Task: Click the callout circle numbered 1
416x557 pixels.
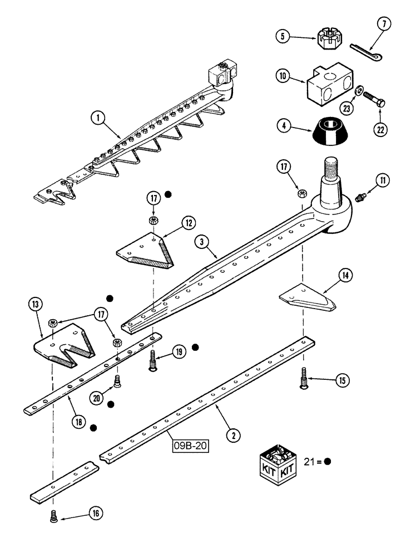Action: pyautogui.click(x=99, y=118)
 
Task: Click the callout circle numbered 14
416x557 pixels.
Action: pyautogui.click(x=345, y=274)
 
